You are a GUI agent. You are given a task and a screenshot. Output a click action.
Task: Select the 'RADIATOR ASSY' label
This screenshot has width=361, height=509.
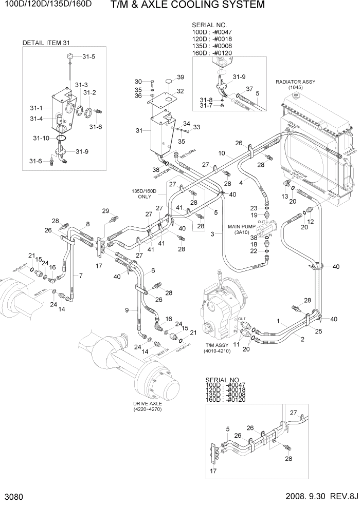pos(295,82)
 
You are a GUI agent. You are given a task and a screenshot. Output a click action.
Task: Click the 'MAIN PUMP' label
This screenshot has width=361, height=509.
pos(242,226)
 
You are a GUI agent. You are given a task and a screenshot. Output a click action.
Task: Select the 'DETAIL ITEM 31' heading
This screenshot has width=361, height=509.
pos(46,43)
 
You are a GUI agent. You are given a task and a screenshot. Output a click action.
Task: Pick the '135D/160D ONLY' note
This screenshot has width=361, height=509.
pos(145,193)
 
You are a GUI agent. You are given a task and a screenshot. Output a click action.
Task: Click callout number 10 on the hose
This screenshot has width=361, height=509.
pos(222,153)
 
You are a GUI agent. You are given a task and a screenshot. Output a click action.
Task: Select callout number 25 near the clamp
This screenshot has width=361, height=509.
pos(318,332)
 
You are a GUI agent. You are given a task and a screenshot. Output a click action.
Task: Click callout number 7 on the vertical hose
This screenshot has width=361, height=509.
pos(80,276)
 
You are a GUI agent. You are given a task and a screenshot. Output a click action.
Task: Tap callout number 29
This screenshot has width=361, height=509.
pos(106,211)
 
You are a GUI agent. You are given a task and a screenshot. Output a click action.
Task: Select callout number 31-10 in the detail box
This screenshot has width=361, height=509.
pos(42,139)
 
